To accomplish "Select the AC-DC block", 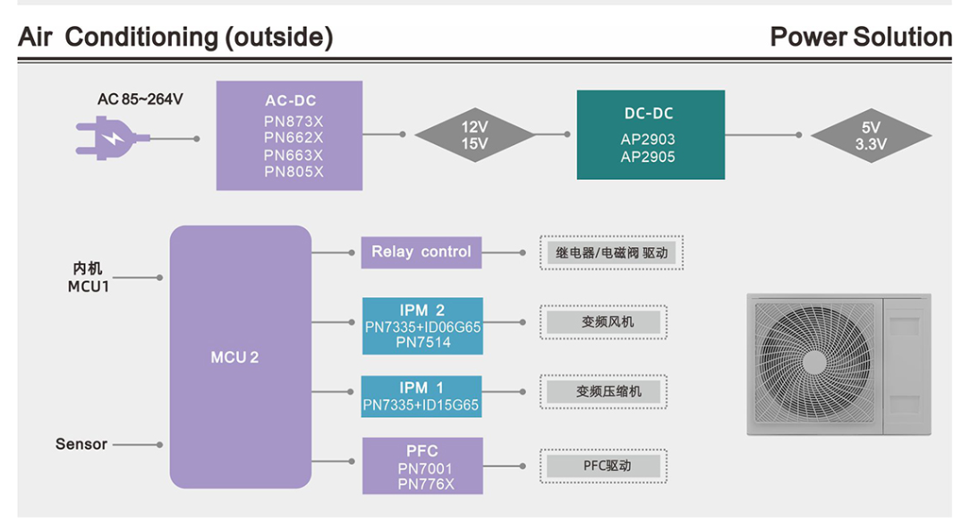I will (x=289, y=135).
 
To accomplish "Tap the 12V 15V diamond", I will (x=474, y=135).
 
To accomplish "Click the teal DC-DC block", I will (x=650, y=134).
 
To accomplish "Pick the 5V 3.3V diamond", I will (x=870, y=135).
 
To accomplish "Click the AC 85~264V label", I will (x=140, y=99).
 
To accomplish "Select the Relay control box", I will (x=421, y=252).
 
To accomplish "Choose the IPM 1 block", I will (x=421, y=396).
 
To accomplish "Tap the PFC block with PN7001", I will (x=422, y=466).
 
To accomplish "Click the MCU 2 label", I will (x=234, y=357).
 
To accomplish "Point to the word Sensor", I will (x=81, y=444).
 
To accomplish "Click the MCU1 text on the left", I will (x=88, y=287).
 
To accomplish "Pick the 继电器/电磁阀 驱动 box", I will (x=611, y=253).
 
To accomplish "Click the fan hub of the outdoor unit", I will (x=813, y=362).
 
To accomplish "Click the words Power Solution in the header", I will (x=860, y=38).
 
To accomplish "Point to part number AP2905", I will (x=648, y=157).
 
